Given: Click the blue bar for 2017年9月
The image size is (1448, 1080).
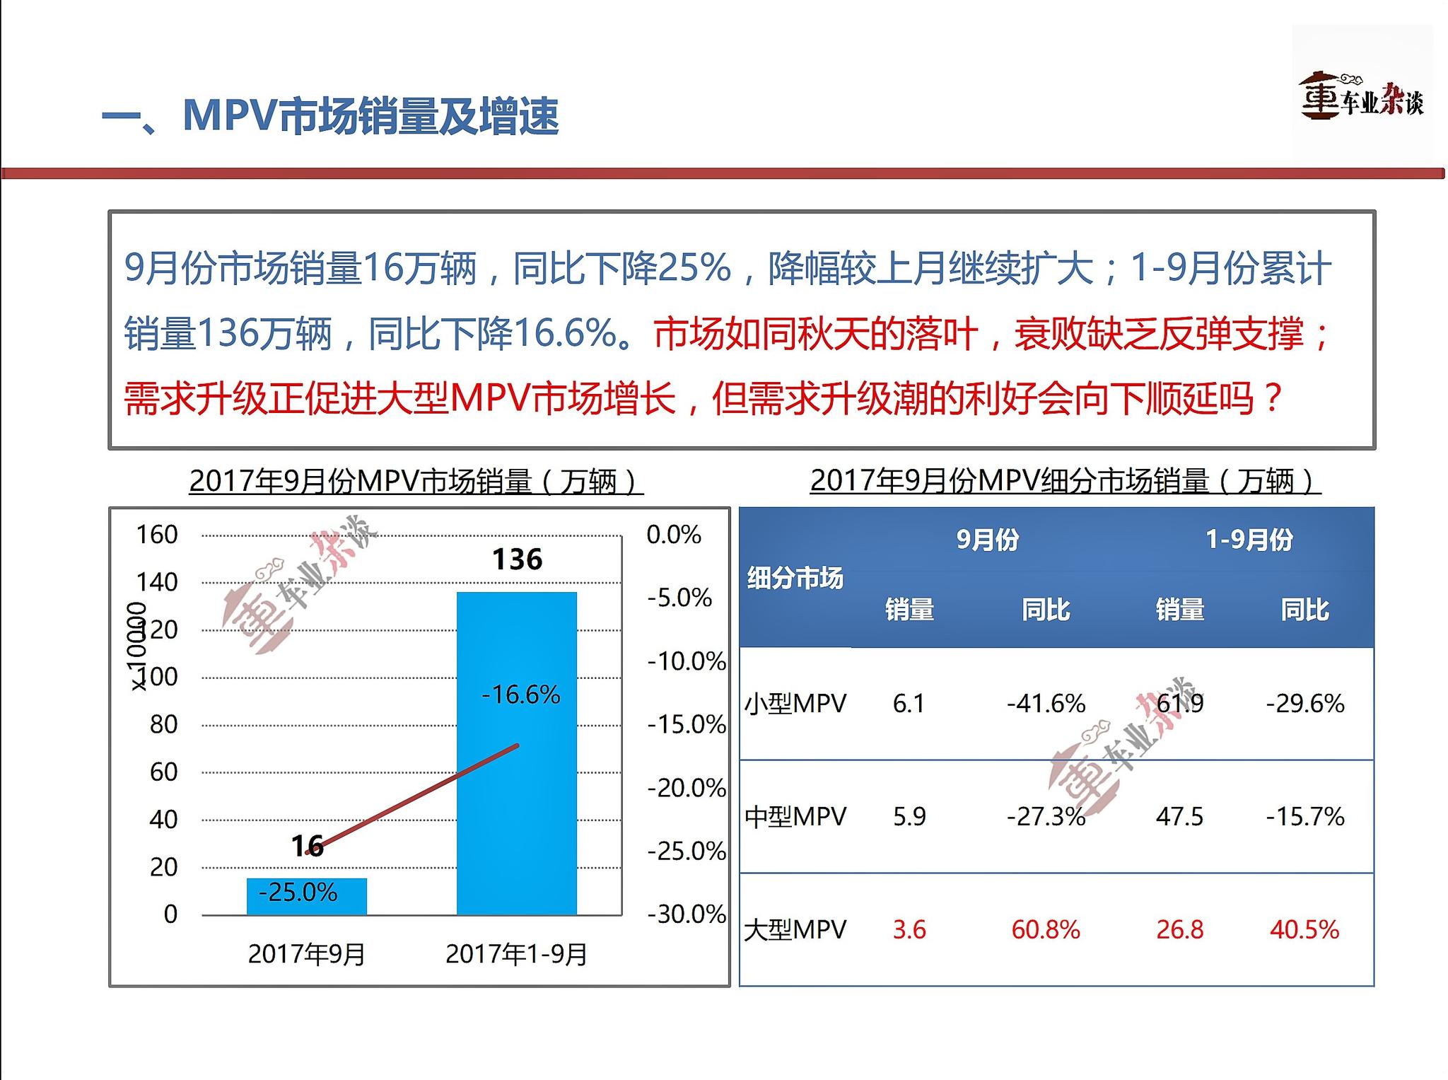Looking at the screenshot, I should click(307, 896).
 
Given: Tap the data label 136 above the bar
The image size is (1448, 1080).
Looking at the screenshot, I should click(517, 559).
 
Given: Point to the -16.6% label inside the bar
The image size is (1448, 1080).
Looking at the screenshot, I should click(520, 695).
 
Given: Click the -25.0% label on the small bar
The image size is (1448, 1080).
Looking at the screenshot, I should click(298, 892).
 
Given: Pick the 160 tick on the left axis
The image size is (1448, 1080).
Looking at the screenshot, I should click(156, 535).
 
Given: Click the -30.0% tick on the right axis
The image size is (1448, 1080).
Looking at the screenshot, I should click(686, 914).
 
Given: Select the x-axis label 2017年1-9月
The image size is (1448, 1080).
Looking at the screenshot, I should click(516, 954).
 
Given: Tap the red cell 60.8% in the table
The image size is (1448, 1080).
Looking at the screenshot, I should click(1046, 929).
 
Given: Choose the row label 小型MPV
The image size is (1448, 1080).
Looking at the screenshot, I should click(795, 704).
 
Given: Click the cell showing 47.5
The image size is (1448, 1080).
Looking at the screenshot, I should click(1179, 817).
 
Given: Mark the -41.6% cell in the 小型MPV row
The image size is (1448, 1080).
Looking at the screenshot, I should click(1046, 704).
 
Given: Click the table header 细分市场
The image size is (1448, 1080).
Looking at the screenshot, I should click(795, 578).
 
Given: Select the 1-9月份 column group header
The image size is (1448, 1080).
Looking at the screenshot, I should click(1249, 540).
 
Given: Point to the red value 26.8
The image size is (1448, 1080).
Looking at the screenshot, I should click(1179, 929).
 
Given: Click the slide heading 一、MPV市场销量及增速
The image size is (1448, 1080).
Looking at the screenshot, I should click(330, 116).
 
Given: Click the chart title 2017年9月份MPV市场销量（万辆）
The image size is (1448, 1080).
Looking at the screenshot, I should click(416, 482).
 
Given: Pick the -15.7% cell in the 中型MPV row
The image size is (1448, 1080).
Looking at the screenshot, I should click(1304, 817).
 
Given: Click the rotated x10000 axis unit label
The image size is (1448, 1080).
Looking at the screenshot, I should click(137, 646).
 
